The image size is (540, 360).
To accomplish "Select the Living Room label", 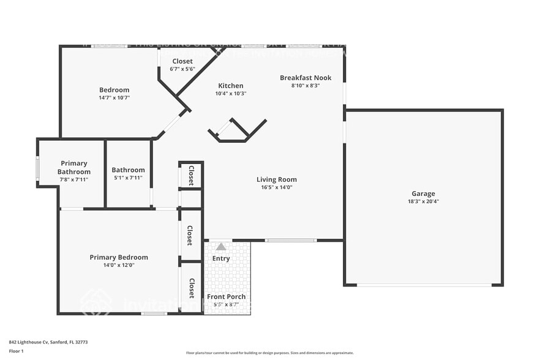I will coord(276,179).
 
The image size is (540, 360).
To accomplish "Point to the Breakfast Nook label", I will coord(306,78).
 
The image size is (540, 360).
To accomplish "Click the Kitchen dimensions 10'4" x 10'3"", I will coord(231,94).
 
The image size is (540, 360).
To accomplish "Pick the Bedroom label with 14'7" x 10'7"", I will coord(114,90).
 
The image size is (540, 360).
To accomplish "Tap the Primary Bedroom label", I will coord(119,257).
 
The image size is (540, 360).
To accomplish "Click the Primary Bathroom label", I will coord(74,168).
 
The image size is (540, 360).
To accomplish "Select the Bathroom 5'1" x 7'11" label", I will coord(128,170).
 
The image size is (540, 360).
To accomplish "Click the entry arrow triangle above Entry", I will coord(220,247).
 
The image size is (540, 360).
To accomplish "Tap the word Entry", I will coord(221,258).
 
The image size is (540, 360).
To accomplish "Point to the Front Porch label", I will coord(226,297).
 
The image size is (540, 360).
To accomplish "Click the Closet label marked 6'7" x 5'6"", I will coord(182,61).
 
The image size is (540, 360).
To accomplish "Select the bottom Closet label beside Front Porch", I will coord(191,288).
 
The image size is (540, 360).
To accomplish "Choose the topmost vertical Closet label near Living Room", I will coord(191,175).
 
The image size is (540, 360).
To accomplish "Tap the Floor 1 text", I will coord(16,351).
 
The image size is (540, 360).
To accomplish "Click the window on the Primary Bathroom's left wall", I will coord(37,169).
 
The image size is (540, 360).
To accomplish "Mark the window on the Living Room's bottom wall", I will coord(291,241).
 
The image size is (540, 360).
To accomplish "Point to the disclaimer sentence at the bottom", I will coord(269,353).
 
